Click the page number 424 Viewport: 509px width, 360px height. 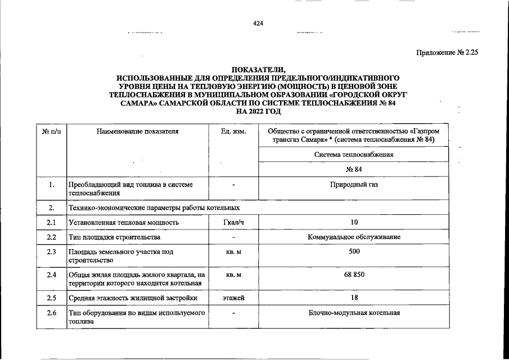coord(258,23)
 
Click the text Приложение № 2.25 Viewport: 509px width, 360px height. coord(447,52)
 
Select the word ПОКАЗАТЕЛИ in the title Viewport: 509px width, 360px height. coord(258,69)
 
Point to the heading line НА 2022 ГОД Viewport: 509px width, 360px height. coord(258,112)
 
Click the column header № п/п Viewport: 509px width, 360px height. coord(51,131)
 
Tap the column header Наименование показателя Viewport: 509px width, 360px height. coord(137,131)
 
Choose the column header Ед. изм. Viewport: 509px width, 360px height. coord(233,131)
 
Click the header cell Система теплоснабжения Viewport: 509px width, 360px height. coord(354,154)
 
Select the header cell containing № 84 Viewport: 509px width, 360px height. coord(354,169)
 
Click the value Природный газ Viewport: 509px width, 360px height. coord(354,184)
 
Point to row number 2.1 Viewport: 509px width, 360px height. coord(51,222)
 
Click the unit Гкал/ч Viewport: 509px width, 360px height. coord(233,222)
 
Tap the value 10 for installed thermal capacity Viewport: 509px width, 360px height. coord(354,222)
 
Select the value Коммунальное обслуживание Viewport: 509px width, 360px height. coord(354,237)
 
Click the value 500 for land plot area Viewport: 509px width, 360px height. coord(354,251)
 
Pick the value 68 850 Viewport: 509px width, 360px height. coord(354,274)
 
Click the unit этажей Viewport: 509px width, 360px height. coord(233,298)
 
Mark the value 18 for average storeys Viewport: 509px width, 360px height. coord(354,298)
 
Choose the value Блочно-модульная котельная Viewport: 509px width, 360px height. coord(354,313)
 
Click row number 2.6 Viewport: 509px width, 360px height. coord(51,313)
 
